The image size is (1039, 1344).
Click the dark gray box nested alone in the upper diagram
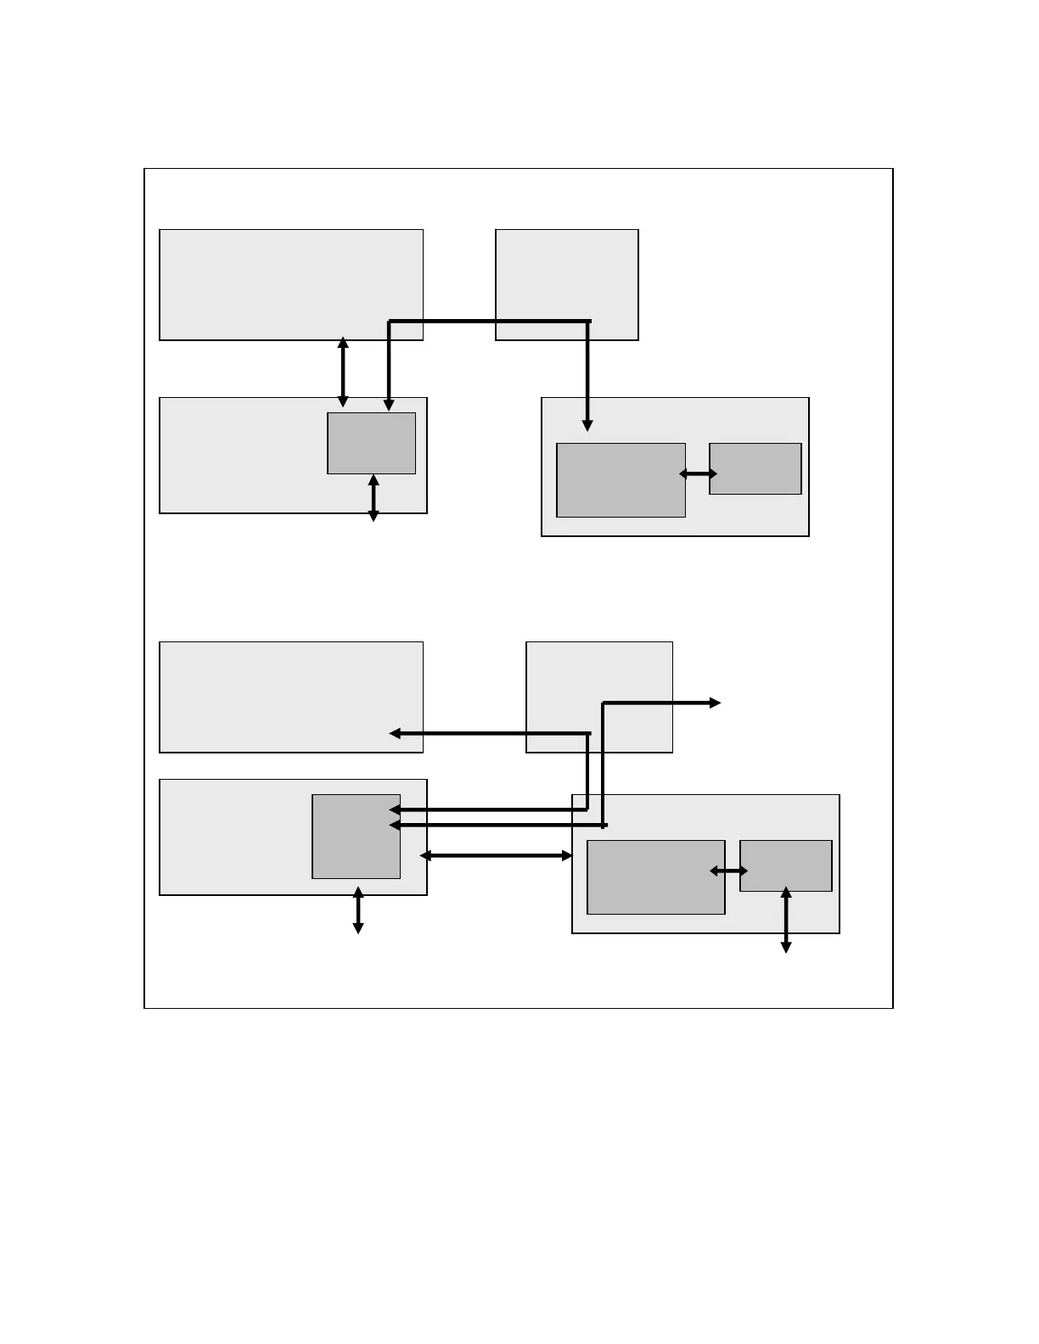[371, 443]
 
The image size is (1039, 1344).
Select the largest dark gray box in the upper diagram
[621, 479]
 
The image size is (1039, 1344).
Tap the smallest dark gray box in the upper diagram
[755, 468]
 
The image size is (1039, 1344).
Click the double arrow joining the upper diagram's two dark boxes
[698, 474]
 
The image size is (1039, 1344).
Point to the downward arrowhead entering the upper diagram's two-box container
[587, 425]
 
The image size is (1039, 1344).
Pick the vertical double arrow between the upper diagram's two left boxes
[343, 372]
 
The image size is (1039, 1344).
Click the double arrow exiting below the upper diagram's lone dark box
[373, 498]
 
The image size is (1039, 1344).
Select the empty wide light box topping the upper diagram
[291, 284]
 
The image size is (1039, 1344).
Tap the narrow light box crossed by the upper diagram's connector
[566, 284]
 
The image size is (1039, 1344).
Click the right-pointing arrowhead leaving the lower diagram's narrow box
[715, 703]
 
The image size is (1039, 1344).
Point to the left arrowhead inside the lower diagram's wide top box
[395, 733]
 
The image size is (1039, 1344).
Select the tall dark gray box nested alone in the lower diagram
[356, 837]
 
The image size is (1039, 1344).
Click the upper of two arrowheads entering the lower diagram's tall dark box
[395, 810]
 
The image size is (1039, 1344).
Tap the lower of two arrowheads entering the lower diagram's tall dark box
[395, 825]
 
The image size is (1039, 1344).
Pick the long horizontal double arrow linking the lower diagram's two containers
[497, 856]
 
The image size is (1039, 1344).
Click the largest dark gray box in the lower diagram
[655, 877]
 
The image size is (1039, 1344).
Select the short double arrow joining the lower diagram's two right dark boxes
[728, 871]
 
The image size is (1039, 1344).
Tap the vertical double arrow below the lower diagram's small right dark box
[786, 921]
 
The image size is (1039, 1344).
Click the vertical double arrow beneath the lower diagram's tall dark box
[358, 910]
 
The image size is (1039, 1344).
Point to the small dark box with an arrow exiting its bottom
[785, 865]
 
